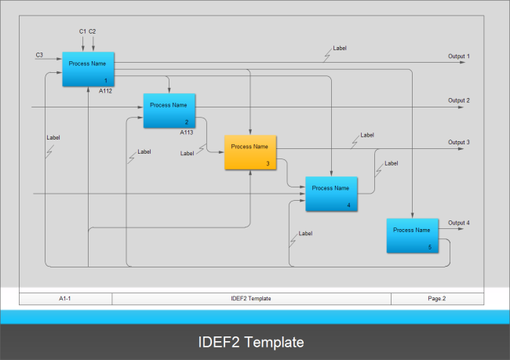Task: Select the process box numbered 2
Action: (x=169, y=111)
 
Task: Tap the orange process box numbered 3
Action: (x=250, y=152)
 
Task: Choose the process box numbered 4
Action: (x=331, y=194)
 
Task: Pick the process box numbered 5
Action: (x=412, y=235)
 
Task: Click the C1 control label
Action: (x=82, y=31)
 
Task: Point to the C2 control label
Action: (x=93, y=31)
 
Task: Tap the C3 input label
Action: (x=39, y=55)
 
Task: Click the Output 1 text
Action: (x=459, y=56)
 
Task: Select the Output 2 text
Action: (x=459, y=100)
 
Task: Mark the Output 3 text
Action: (x=459, y=143)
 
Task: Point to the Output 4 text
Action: (x=459, y=224)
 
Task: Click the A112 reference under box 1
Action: (x=105, y=91)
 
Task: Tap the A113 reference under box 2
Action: (x=187, y=133)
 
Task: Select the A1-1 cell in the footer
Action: (x=65, y=299)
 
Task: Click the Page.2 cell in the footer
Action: (x=437, y=299)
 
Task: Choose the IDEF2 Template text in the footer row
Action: (x=251, y=299)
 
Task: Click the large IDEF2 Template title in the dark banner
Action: (x=250, y=343)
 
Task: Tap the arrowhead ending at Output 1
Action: (x=463, y=62)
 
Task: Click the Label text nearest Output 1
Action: (x=340, y=49)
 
